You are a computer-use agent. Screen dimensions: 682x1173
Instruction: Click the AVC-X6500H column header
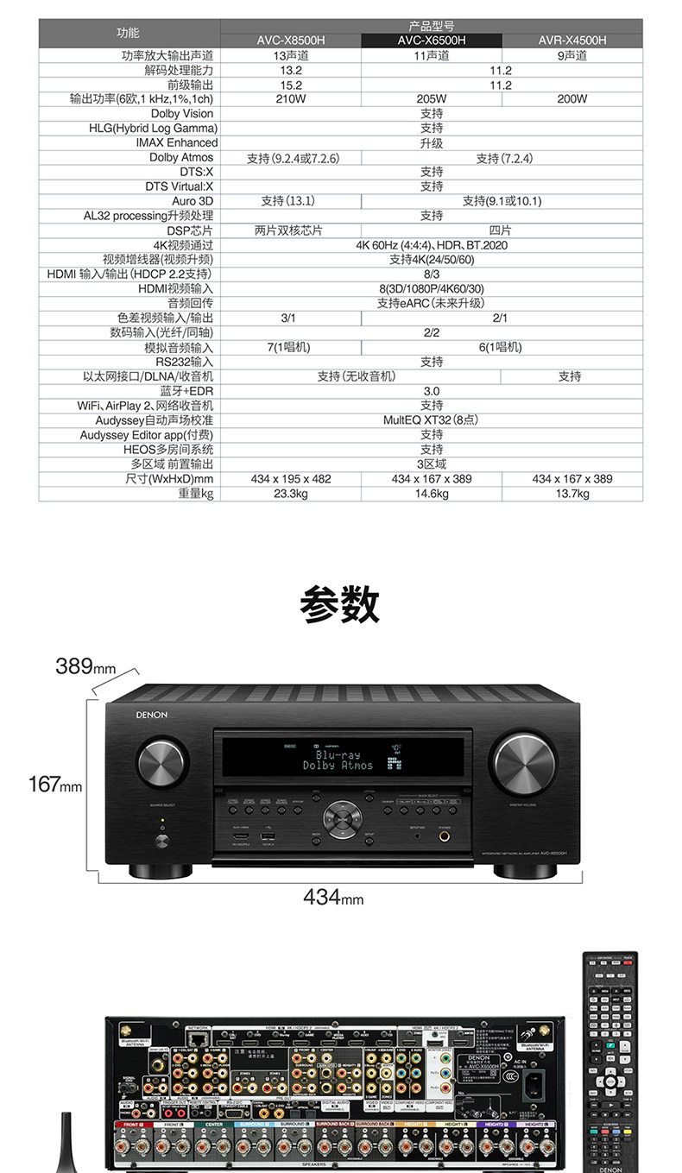tap(431, 40)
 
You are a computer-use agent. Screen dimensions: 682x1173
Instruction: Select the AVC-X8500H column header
tap(291, 40)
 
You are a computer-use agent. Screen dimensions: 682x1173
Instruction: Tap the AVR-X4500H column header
tap(571, 40)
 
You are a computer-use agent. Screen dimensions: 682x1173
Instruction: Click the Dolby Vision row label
tap(181, 113)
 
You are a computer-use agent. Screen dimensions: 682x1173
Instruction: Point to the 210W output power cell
tap(291, 98)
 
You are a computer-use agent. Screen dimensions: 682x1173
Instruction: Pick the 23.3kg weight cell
tap(291, 494)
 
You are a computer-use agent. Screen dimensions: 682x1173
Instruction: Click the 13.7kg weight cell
tap(571, 494)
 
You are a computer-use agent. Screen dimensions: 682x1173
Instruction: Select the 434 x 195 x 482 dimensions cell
tap(291, 479)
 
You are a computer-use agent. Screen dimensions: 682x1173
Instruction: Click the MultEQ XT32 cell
tap(431, 420)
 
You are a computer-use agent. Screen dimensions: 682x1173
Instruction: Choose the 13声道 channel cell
tap(291, 55)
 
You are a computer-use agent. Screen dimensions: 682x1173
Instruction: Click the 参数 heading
tap(340, 604)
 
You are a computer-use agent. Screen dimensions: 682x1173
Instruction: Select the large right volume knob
tap(525, 766)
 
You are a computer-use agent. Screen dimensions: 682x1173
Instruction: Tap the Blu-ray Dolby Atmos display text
tap(338, 760)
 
